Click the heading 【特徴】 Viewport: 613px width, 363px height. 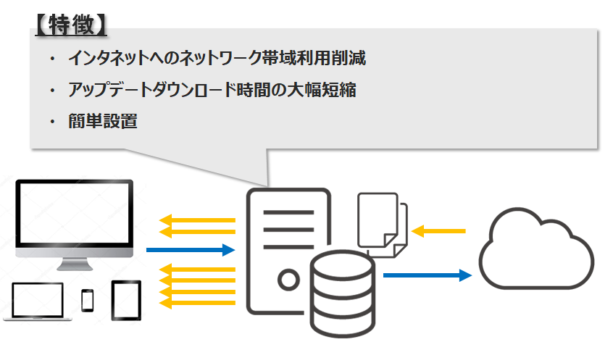[x=71, y=25]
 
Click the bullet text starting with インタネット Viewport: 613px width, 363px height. [x=217, y=58]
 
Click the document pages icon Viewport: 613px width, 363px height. [x=382, y=224]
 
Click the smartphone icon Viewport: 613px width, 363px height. [x=88, y=300]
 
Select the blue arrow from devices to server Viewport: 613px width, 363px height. [x=191, y=251]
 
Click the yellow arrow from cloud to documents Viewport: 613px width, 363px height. [x=438, y=231]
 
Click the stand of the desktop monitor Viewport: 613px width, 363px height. [x=75, y=264]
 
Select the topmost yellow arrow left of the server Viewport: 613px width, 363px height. [x=197, y=220]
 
